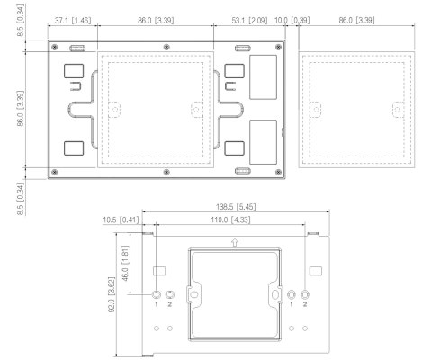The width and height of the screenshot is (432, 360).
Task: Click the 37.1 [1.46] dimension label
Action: click(72, 19)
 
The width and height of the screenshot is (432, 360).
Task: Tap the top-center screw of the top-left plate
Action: click(166, 47)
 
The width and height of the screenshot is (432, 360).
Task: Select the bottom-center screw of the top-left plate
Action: click(166, 171)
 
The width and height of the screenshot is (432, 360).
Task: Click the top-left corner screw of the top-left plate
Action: click(55, 47)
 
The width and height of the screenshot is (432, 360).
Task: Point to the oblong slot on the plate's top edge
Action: click(241, 48)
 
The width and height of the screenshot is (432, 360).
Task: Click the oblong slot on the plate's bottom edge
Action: click(241, 170)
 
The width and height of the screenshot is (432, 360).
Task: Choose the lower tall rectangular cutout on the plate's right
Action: click(265, 139)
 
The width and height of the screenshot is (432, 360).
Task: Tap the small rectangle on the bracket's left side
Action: click(158, 270)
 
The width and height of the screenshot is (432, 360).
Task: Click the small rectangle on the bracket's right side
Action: click(314, 270)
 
